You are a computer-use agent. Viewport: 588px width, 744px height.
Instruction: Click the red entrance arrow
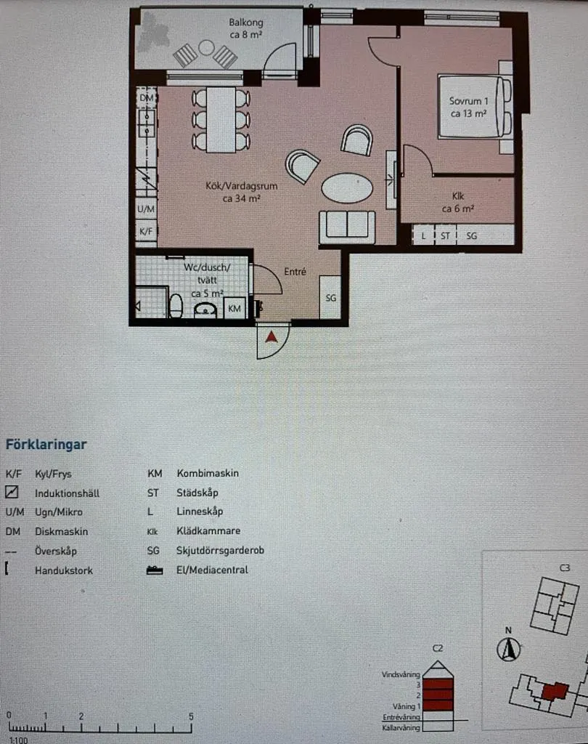click(271, 337)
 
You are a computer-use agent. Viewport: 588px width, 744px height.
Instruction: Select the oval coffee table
click(347, 188)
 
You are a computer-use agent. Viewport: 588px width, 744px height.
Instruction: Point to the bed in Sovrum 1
click(475, 107)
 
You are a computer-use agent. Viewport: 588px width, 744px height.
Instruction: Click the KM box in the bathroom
click(234, 308)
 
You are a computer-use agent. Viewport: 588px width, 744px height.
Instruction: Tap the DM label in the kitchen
click(147, 98)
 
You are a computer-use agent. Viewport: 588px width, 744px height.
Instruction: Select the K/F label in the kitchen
click(146, 232)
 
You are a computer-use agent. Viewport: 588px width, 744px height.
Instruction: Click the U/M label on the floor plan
click(146, 209)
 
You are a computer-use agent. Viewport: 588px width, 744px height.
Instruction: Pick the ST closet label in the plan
click(445, 235)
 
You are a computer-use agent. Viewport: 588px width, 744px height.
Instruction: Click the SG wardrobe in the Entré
click(330, 297)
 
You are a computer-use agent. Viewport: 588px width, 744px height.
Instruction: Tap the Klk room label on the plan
click(458, 196)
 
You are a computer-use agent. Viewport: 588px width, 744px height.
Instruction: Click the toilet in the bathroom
click(176, 306)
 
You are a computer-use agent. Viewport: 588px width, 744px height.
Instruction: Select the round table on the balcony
click(206, 47)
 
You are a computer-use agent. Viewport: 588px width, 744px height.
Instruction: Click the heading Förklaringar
click(46, 445)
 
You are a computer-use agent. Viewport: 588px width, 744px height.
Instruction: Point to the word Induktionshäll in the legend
click(68, 493)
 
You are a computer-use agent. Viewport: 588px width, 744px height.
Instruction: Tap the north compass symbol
click(508, 649)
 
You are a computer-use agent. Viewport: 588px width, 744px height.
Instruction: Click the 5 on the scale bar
click(191, 716)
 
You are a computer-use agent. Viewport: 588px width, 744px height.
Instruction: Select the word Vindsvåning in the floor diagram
click(401, 674)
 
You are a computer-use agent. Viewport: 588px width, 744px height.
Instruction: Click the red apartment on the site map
click(555, 692)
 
